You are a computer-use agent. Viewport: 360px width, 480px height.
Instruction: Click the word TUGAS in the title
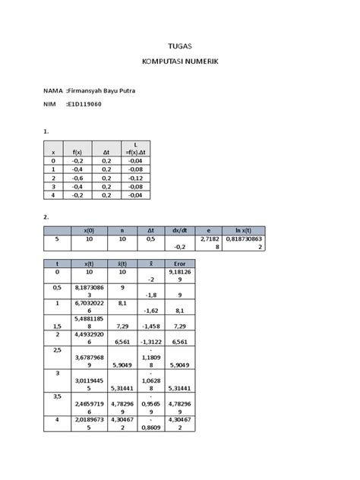[x=180, y=46]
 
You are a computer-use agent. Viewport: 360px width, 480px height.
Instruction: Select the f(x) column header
[x=77, y=152]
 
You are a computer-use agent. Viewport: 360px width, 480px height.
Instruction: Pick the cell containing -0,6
[x=77, y=176]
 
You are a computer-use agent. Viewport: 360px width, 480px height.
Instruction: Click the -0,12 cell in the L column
[x=136, y=176]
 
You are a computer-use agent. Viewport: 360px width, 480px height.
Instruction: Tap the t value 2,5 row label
[x=54, y=352]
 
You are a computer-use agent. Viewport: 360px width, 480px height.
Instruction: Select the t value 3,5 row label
[x=54, y=396]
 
